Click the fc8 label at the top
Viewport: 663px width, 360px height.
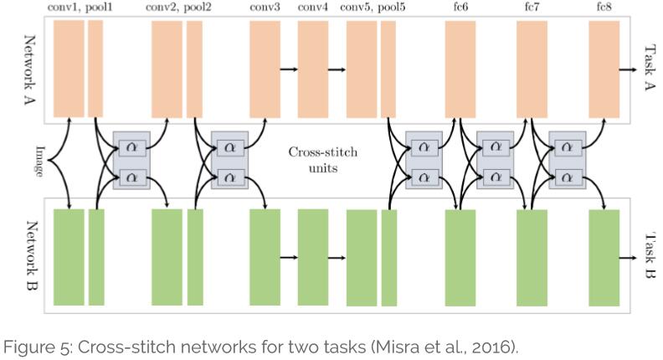pyautogui.click(x=603, y=8)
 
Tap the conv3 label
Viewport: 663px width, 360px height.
pyautogui.click(x=265, y=8)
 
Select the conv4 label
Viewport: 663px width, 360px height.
pyautogui.click(x=313, y=8)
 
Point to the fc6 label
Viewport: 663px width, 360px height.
pyautogui.click(x=460, y=8)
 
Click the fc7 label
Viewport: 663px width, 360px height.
pyautogui.click(x=532, y=8)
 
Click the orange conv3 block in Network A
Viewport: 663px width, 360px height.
pyautogui.click(x=265, y=69)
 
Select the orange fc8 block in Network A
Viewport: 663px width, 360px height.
pyautogui.click(x=604, y=69)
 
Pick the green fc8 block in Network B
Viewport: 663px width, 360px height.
pyautogui.click(x=604, y=257)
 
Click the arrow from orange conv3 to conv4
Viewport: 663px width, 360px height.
pyautogui.click(x=289, y=69)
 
